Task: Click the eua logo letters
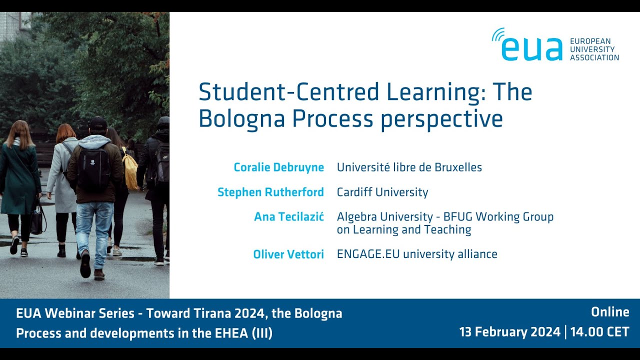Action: pyautogui.click(x=532, y=49)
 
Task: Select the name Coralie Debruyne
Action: pyautogui.click(x=279, y=167)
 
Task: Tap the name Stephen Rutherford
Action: pyautogui.click(x=271, y=192)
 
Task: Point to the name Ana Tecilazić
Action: pyautogui.click(x=289, y=216)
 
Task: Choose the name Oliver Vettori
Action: pyautogui.click(x=288, y=254)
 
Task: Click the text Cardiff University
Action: pyautogui.click(x=382, y=192)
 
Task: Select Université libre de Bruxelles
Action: pyautogui.click(x=409, y=167)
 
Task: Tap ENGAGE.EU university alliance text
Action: pyautogui.click(x=417, y=254)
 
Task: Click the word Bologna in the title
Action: pyautogui.click(x=241, y=119)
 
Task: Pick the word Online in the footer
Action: pyautogui.click(x=610, y=312)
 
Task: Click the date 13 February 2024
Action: pyautogui.click(x=510, y=332)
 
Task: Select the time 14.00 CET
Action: pyautogui.click(x=599, y=332)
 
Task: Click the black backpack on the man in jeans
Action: pyautogui.click(x=93, y=169)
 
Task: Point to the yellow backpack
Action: pyautogui.click(x=130, y=169)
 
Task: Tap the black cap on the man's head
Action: pyautogui.click(x=98, y=123)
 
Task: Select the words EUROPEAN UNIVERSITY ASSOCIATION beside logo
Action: pyautogui.click(x=594, y=49)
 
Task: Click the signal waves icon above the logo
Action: pyautogui.click(x=498, y=35)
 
